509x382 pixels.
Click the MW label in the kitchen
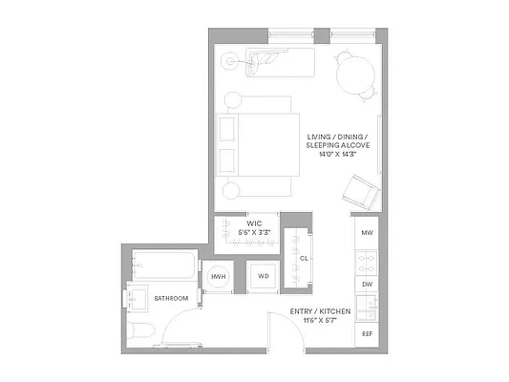pyautogui.click(x=366, y=233)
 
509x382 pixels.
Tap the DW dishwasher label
pyautogui.click(x=366, y=284)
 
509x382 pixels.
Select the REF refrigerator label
pyautogui.click(x=366, y=333)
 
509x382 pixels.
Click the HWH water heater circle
pyautogui.click(x=218, y=278)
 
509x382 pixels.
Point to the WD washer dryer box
pyautogui.click(x=263, y=278)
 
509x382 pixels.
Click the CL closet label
pyautogui.click(x=304, y=258)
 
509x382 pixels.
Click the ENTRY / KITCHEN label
pyautogui.click(x=319, y=312)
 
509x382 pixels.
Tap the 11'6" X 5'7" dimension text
pyautogui.click(x=319, y=321)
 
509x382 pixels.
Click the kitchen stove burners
pyautogui.click(x=366, y=258)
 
